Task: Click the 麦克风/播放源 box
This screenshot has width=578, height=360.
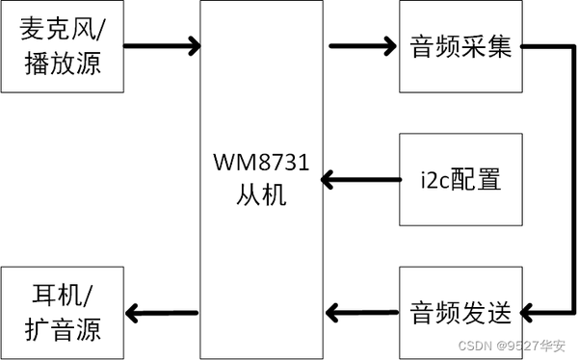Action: coord(63,46)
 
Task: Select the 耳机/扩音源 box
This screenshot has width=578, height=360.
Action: coord(63,312)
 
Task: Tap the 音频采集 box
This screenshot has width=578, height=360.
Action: coord(460,46)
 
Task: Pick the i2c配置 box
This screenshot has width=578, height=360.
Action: coord(460,179)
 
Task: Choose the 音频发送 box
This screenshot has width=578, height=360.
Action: coord(460,312)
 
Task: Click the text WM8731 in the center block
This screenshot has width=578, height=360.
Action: coord(261,164)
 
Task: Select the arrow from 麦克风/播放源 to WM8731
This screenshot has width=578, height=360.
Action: coord(162,45)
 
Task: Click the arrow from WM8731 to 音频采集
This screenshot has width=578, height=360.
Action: coord(363,45)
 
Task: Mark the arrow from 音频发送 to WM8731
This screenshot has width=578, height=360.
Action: coord(363,312)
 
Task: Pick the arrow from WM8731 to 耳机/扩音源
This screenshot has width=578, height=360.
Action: coord(162,312)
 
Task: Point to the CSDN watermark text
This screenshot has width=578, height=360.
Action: coord(475,346)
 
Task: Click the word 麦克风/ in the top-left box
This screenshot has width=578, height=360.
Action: coord(63,29)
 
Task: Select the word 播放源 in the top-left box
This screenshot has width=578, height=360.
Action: coord(63,64)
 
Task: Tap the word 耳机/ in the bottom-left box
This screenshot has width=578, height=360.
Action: coord(63,294)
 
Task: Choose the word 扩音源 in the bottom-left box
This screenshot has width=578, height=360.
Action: coord(63,330)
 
